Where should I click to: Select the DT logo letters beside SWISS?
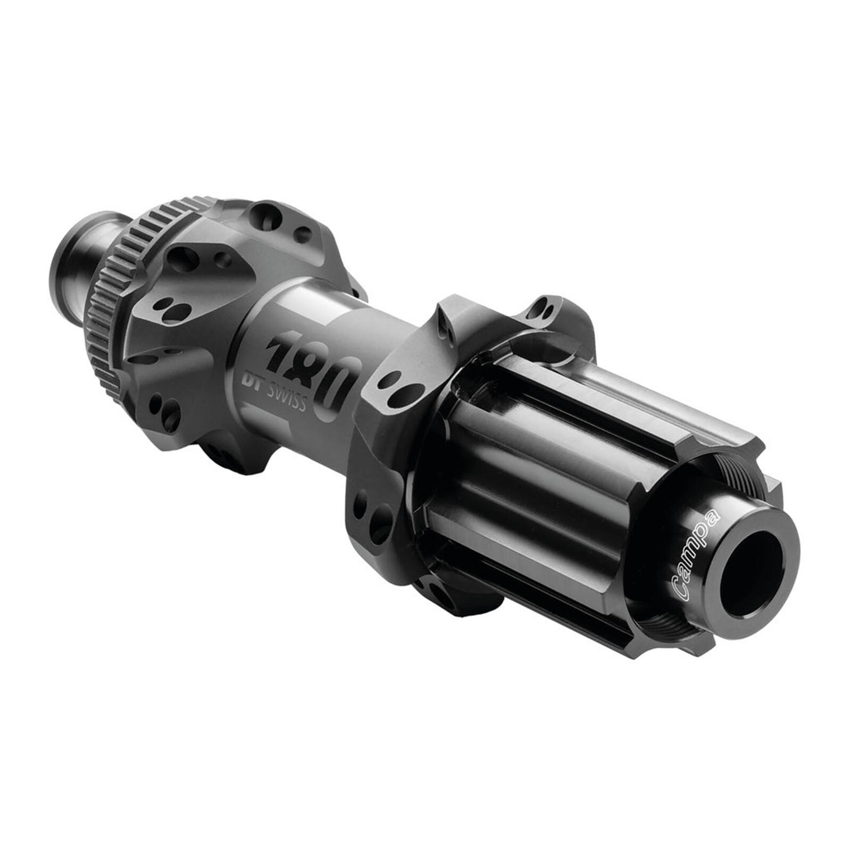point(253,382)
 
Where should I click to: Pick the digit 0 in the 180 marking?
point(338,387)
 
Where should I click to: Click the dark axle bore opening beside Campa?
point(753,570)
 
